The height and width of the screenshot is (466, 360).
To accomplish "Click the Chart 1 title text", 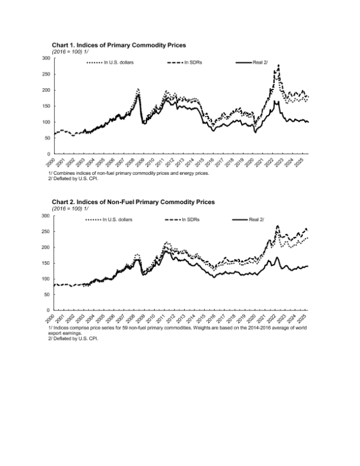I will point(119,45).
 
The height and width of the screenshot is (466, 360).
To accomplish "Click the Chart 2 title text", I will point(133,202).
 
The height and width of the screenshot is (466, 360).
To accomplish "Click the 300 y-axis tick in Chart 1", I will point(46,58).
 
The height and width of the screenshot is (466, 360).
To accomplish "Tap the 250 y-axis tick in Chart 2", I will point(46,231).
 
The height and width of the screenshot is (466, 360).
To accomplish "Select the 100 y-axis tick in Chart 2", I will point(46,279).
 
